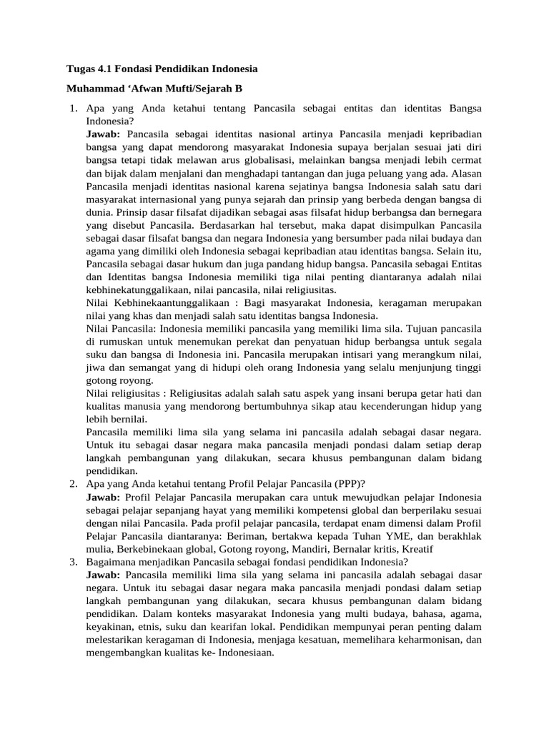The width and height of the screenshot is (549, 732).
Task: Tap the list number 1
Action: (x=73, y=109)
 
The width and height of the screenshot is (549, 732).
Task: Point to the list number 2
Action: (x=73, y=484)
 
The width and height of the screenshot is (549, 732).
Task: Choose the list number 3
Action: (x=73, y=562)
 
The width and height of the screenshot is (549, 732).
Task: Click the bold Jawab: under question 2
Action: (x=103, y=497)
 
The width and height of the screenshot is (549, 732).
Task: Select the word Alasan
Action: (x=466, y=173)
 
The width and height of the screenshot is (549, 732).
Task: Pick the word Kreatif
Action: (x=416, y=548)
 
